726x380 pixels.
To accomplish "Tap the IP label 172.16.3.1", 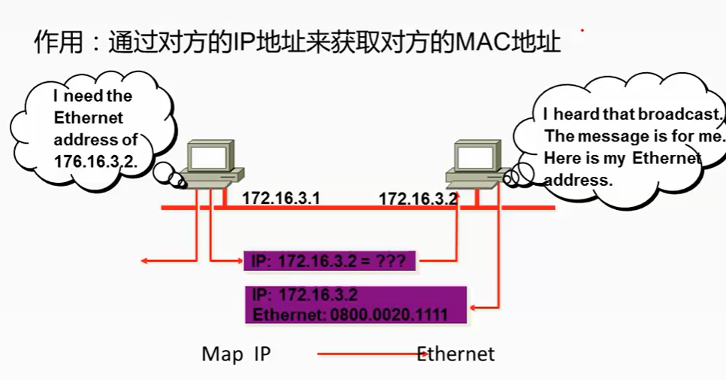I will [281, 199].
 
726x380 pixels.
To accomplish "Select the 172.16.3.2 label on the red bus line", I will [418, 199].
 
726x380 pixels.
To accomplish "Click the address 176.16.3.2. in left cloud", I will [95, 161].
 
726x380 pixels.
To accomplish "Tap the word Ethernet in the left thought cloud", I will [88, 118].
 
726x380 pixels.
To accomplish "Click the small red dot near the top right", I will [582, 31].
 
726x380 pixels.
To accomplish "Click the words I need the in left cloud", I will [92, 96].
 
